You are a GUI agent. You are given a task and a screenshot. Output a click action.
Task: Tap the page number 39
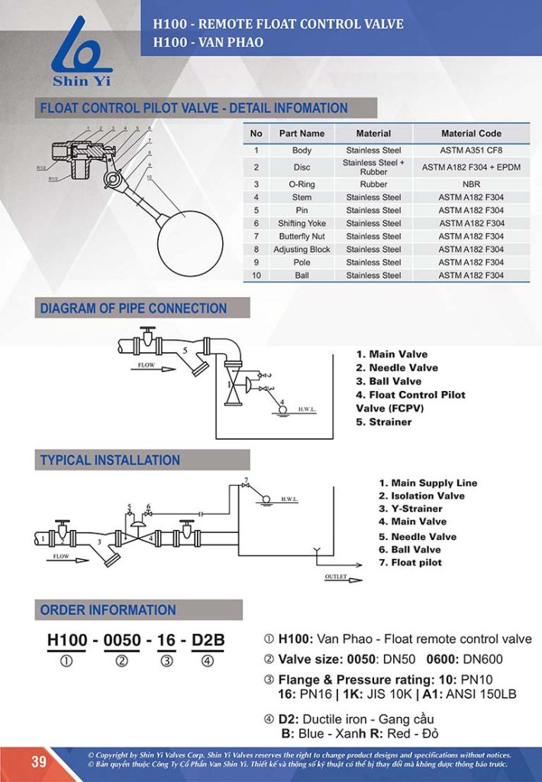39,761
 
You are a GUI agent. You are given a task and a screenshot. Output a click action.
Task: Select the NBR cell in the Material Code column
471,184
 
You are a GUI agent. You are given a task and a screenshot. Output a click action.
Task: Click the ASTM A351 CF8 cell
471,150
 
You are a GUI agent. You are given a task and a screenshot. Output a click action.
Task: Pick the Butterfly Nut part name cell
302,236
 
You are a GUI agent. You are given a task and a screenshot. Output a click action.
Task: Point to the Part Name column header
302,133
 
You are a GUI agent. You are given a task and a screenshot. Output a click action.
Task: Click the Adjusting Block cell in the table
302,249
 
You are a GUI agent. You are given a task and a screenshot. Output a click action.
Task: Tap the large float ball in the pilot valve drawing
189,244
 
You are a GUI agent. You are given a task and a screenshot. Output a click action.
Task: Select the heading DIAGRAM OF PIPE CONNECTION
134,309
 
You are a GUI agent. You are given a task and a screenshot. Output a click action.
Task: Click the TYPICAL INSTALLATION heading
110,460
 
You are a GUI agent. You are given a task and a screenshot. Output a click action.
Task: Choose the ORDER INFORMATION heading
108,609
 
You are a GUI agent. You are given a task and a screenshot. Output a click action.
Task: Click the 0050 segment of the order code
121,640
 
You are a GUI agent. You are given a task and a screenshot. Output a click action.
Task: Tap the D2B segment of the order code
207,640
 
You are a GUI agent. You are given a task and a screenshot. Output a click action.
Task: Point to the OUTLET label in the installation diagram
336,577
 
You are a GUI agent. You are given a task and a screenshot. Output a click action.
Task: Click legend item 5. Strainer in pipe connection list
384,422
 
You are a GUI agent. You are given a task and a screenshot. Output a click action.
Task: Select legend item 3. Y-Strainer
411,509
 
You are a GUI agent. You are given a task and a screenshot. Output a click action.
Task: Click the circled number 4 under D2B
207,662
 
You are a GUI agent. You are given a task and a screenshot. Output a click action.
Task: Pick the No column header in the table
256,133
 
